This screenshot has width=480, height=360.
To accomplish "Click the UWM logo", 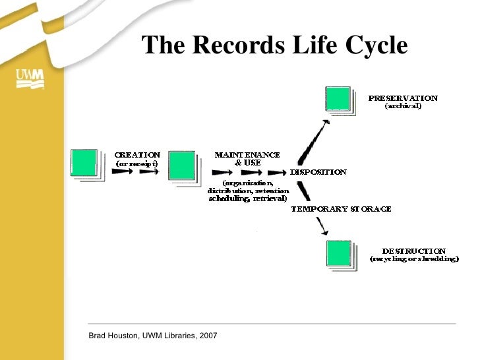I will (x=30, y=80).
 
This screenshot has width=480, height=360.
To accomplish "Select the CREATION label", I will (x=138, y=155).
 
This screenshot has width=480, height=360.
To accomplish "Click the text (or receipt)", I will (x=137, y=163).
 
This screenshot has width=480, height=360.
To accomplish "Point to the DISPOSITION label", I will (x=318, y=172).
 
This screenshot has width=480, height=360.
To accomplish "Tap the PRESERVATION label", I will (x=403, y=98).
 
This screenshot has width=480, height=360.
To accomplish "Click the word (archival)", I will (x=403, y=105).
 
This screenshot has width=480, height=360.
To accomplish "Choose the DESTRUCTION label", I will (x=414, y=251).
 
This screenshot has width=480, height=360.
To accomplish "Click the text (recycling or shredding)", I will (x=414, y=259).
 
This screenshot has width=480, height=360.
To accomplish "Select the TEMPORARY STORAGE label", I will (x=342, y=209).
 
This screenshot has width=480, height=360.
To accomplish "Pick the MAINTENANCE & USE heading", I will (x=247, y=158).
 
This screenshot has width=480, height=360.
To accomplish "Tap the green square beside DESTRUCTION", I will (x=340, y=253).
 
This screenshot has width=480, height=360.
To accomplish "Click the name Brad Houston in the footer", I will (x=114, y=336).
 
